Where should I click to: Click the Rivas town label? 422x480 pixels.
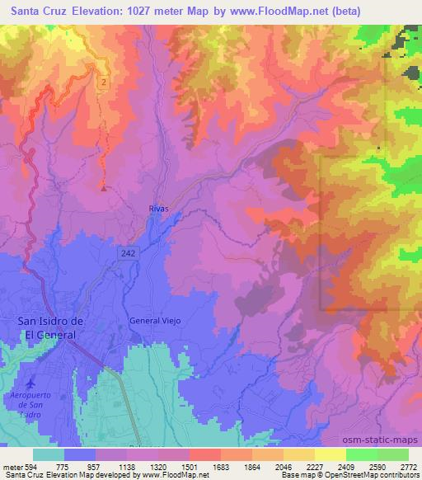159,209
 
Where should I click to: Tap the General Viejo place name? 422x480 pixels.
154,320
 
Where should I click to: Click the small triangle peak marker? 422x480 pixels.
103,188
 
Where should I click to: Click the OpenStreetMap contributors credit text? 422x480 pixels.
375,475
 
